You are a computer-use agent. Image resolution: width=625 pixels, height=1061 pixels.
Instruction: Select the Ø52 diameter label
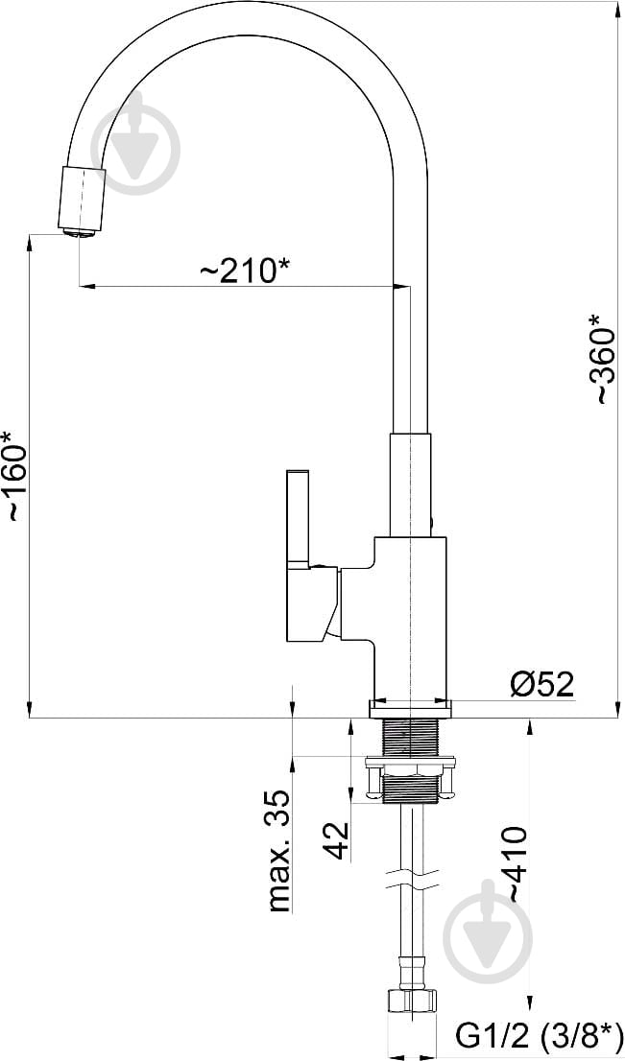541,685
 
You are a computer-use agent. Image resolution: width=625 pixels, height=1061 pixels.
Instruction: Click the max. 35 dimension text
279,853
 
